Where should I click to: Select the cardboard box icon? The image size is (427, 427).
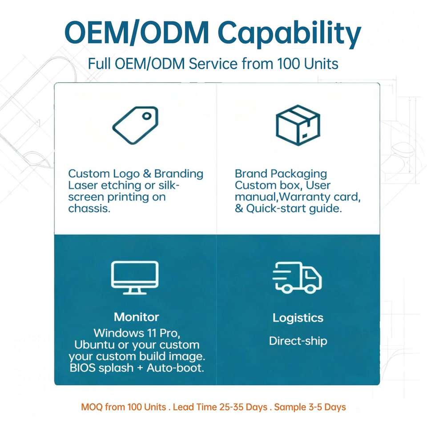[x=298, y=125]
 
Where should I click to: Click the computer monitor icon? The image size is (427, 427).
[x=135, y=278]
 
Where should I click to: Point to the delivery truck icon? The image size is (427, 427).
[x=297, y=278]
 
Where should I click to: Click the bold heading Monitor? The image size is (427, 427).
[x=137, y=317]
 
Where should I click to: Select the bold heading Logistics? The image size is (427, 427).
[x=298, y=318]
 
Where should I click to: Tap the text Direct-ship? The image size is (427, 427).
[x=298, y=341]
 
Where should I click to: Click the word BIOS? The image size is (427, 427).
[x=82, y=368]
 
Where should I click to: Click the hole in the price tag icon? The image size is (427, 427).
[x=147, y=116]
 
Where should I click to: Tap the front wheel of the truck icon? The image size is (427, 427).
[x=310, y=288]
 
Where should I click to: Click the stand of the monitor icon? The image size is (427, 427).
[x=135, y=291]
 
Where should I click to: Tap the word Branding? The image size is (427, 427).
[x=179, y=174]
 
